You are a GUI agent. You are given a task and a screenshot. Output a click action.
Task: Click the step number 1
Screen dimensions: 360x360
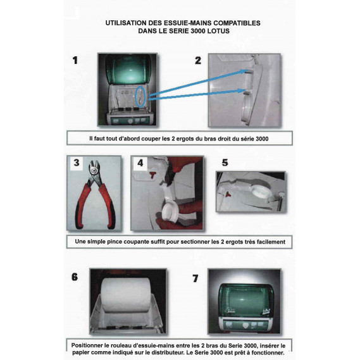click(75, 60)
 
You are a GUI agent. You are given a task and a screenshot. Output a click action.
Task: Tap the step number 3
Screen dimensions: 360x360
click(76, 163)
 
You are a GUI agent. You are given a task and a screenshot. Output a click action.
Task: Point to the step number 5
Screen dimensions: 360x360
click(225, 162)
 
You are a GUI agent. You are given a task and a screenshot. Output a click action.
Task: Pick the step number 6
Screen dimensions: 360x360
click(75, 276)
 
